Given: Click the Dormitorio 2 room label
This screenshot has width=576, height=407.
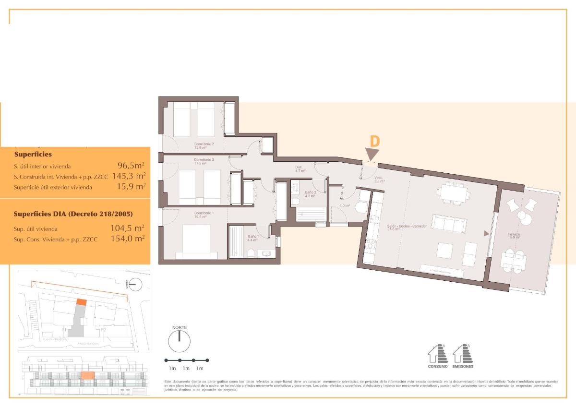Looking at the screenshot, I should [x=204, y=145].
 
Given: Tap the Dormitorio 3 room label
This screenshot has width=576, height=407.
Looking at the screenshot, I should [x=204, y=161].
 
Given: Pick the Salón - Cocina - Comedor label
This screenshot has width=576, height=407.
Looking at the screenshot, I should [x=407, y=227].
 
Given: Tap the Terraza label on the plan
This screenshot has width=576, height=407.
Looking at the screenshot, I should [x=515, y=236].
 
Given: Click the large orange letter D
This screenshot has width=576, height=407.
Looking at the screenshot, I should [x=375, y=141].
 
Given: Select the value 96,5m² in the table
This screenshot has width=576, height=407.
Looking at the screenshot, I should [x=131, y=166].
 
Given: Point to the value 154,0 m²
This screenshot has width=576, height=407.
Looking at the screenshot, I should [x=127, y=239].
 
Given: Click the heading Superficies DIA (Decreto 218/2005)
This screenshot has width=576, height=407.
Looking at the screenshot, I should [x=73, y=214].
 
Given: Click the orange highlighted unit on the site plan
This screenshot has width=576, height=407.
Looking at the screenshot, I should [x=82, y=302].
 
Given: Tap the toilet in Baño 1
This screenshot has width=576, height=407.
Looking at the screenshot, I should [x=251, y=253].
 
